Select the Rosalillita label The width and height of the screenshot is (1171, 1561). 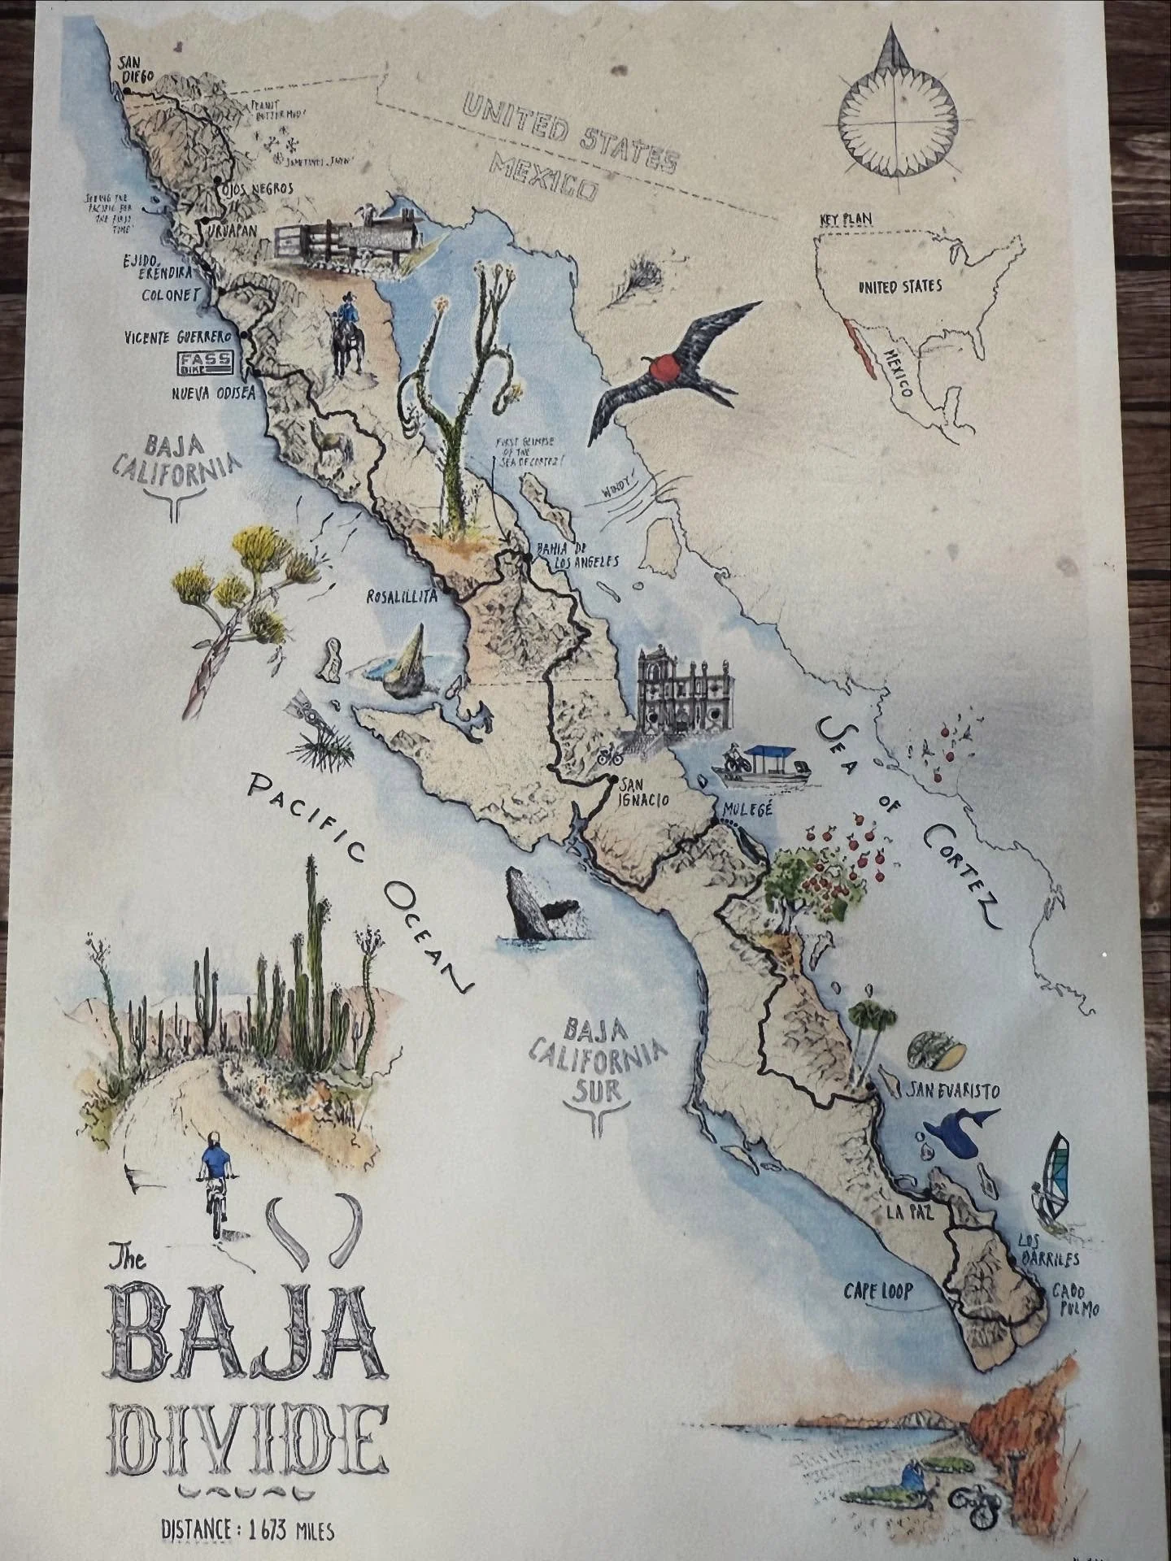(402, 596)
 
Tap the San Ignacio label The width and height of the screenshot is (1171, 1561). (643, 793)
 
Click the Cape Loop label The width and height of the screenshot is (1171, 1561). (878, 1290)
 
